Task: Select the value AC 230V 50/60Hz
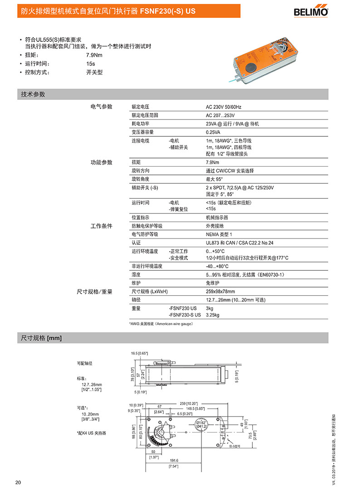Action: pyautogui.click(x=224, y=107)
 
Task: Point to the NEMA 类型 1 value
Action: pyautogui.click(x=219, y=234)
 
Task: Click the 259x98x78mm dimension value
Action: pyautogui.click(x=221, y=291)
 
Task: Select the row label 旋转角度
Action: pyautogui.click(x=141, y=179)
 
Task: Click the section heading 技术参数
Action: pyautogui.click(x=33, y=94)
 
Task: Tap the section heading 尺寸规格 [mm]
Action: pyautogui.click(x=41, y=338)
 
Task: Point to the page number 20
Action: pyautogui.click(x=18, y=482)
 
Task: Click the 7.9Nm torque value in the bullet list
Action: pyautogui.click(x=94, y=55)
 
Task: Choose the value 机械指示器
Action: pyautogui.click(x=217, y=218)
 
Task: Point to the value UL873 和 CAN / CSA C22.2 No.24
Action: pyautogui.click(x=246, y=243)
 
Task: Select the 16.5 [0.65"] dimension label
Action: pyautogui.click(x=140, y=353)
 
